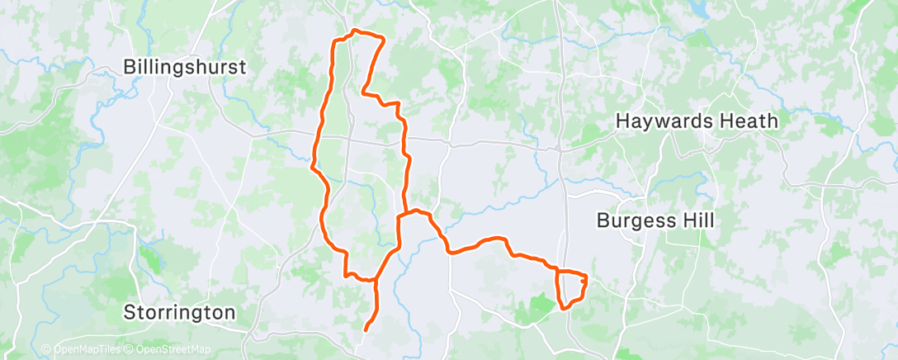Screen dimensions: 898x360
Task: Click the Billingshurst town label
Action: pos(185,68)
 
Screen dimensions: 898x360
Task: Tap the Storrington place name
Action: pos(179,313)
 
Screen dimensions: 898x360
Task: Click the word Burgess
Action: pos(638,221)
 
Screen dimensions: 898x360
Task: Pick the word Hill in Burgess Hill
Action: pos(698,221)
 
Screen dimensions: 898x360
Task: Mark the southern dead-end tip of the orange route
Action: pos(366,330)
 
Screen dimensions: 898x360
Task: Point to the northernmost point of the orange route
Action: pos(355,31)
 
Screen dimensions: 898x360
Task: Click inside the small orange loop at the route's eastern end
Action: pos(570,287)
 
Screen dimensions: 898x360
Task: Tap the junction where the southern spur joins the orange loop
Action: pos(376,280)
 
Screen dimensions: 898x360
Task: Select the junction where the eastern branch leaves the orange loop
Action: pos(400,216)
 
